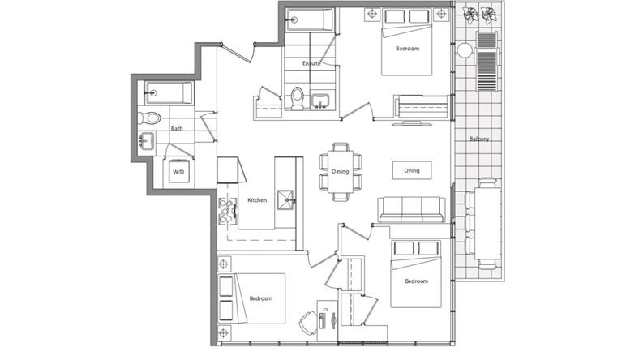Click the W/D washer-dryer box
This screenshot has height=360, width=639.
tap(178, 172)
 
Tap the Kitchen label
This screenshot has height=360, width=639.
tap(257, 200)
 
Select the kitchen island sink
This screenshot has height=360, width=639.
tap(285, 199)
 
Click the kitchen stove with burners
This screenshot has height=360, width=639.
tap(227, 211)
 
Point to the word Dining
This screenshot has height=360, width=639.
tap(340, 172)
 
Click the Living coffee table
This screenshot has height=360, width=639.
tap(412, 170)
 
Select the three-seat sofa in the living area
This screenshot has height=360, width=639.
tap(412, 209)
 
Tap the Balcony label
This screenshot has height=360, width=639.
tap(479, 139)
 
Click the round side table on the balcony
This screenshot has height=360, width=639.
tap(464, 51)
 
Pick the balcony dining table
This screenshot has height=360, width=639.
tap(487, 223)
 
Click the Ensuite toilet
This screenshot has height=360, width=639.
tap(298, 98)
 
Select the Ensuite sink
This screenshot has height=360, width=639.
tap(321, 101)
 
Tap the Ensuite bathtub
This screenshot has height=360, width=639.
tap(310, 19)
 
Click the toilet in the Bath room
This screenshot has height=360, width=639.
tap(149, 118)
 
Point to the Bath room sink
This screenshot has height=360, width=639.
tap(146, 141)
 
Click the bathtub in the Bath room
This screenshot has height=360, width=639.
tap(169, 93)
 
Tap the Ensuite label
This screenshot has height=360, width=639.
tap(311, 63)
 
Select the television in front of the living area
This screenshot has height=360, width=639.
tap(412, 122)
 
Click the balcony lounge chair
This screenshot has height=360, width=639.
tap(487, 62)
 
